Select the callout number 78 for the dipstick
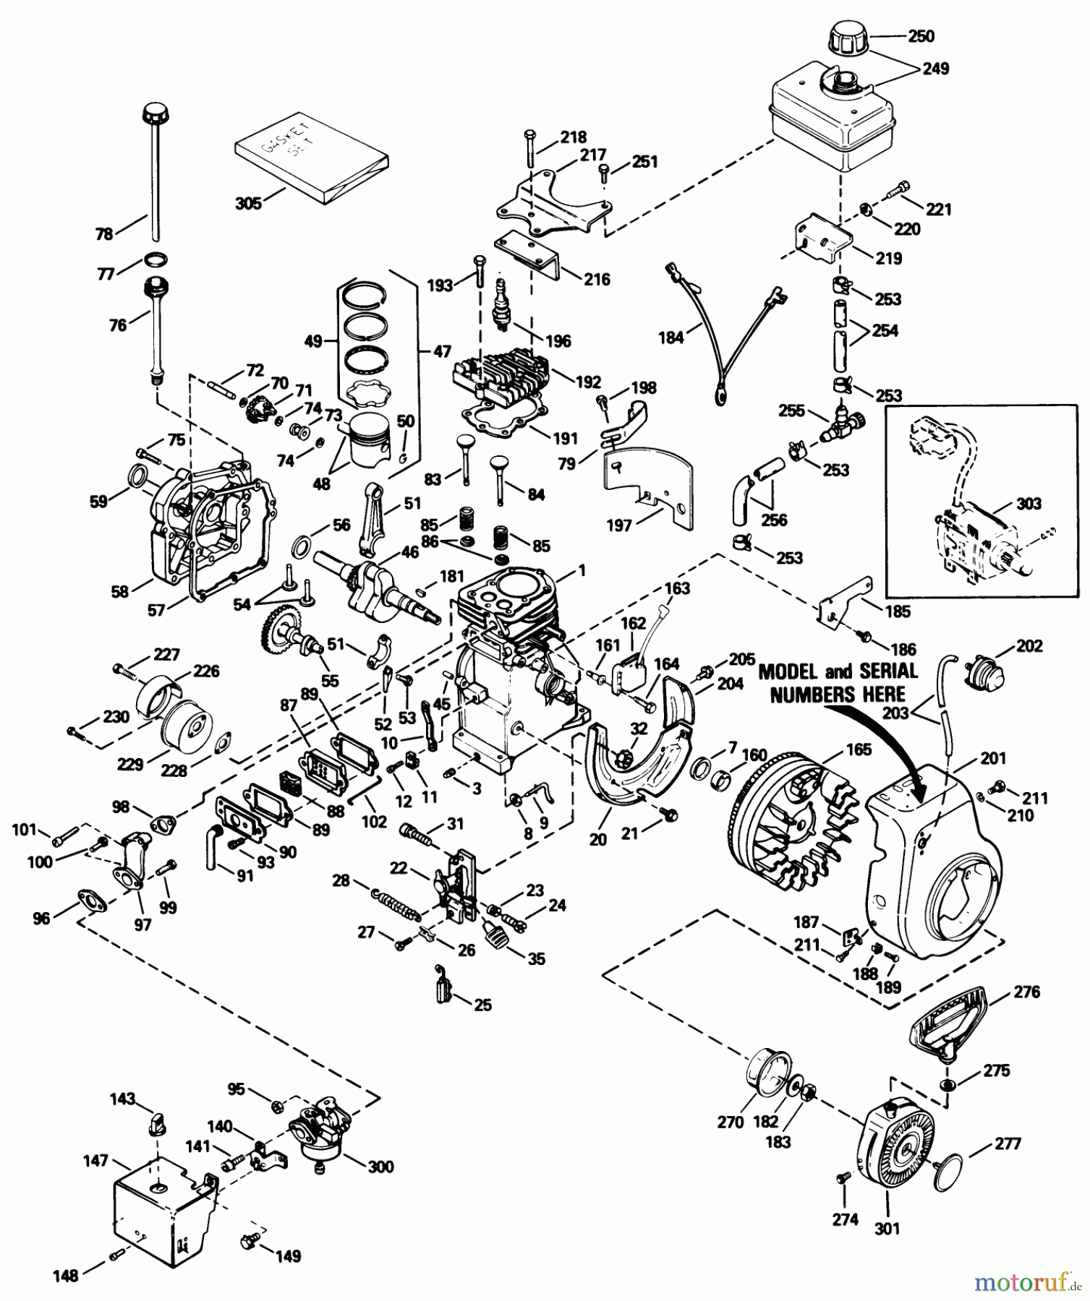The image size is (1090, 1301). [x=104, y=233]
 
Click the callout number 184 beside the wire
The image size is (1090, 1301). [x=670, y=338]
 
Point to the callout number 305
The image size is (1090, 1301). [x=248, y=203]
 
